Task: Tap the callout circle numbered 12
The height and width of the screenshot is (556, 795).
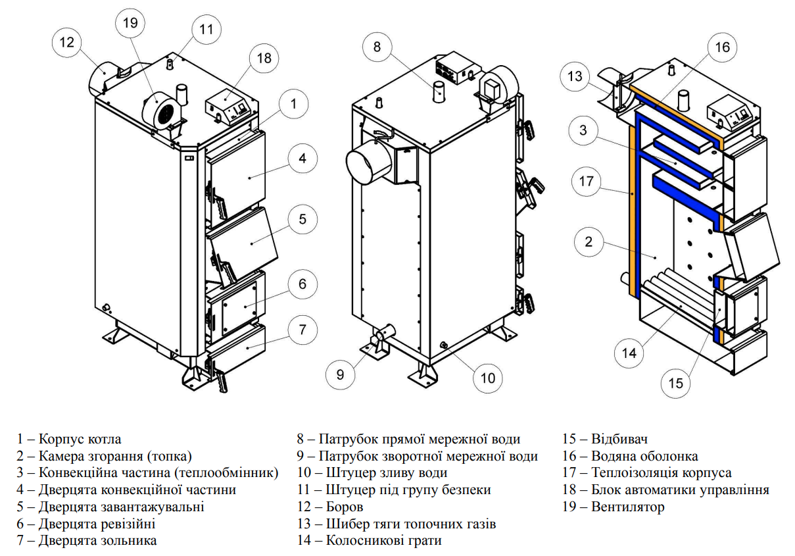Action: pos(67,42)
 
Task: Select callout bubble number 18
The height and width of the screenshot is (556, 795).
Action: pos(264,58)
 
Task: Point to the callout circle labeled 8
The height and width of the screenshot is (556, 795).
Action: pos(377,47)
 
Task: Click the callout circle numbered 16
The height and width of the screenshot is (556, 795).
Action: pos(722,47)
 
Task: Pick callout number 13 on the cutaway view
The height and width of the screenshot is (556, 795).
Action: pos(575,76)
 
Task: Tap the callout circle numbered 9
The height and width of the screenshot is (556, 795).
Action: pos(340,374)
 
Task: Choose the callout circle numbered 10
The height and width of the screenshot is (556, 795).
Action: pos(487,378)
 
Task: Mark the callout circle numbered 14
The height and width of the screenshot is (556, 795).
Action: pos(629,353)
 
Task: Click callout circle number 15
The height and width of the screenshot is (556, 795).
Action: pos(676,382)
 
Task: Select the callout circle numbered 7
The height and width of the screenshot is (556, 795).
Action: pos(302,329)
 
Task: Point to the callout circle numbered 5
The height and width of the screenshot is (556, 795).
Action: pos(302,219)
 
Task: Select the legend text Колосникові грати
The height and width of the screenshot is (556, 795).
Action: pos(383,541)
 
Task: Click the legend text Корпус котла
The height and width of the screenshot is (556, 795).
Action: pos(80,439)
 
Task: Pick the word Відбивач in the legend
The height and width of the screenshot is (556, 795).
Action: pos(619,439)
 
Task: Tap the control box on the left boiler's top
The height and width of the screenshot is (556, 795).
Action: pos(229,108)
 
